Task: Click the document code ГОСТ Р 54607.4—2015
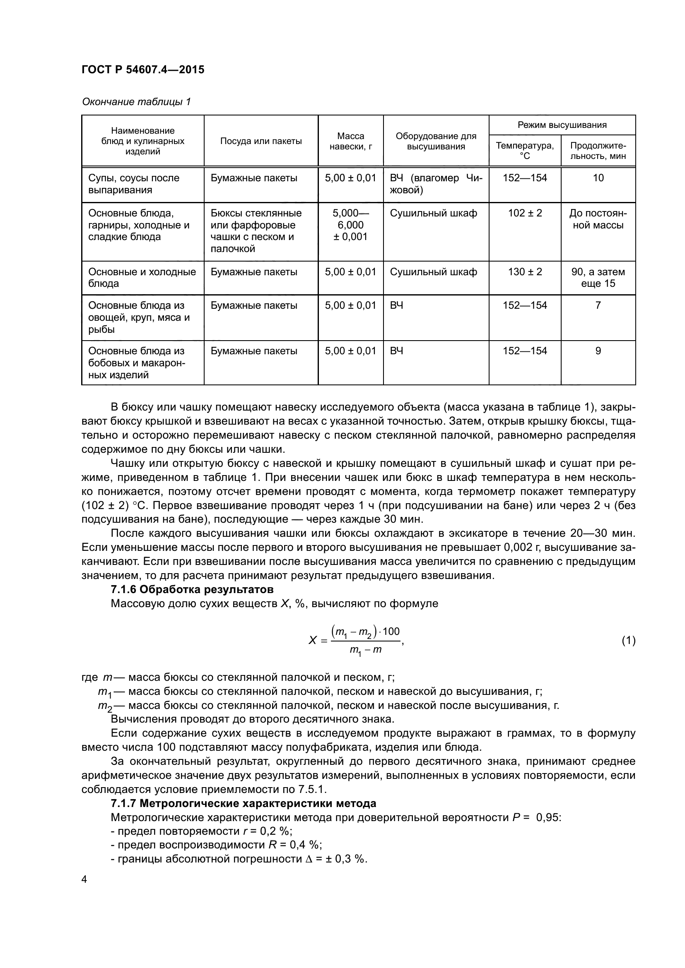tap(142, 70)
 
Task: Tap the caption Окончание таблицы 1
tap(136, 102)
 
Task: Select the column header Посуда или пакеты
tap(260, 141)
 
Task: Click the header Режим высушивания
tap(562, 125)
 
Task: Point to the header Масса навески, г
tap(350, 141)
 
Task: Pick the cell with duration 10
tap(598, 178)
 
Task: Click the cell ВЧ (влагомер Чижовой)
tap(436, 184)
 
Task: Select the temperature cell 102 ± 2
tap(524, 213)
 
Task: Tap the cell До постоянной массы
tap(598, 219)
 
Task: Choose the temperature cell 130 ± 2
tap(524, 272)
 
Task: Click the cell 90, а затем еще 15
tap(598, 277)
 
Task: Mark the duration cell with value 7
tap(598, 305)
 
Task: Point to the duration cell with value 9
tap(598, 351)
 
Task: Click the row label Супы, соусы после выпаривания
tap(134, 184)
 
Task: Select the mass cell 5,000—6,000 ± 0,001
tap(350, 225)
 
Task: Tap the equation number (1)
tap(628, 641)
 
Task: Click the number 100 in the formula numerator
tap(391, 632)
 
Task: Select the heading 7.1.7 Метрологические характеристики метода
tap(244, 804)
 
